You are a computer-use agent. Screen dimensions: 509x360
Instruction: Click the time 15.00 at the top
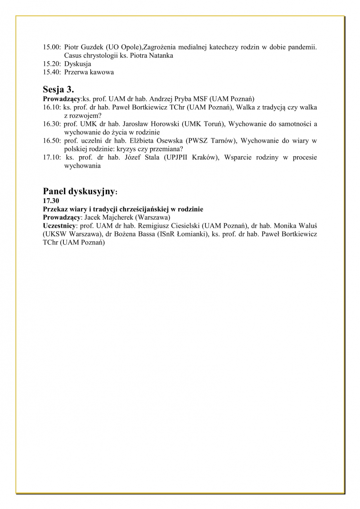point(51,47)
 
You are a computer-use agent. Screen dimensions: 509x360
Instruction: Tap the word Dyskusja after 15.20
point(77,64)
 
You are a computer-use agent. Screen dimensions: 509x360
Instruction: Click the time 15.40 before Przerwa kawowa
point(51,72)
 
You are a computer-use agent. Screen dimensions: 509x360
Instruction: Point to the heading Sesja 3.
point(58,89)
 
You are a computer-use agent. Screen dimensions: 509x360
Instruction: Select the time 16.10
point(51,107)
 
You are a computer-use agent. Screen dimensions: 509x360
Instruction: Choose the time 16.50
point(51,141)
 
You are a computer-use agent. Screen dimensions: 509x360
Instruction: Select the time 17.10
point(51,157)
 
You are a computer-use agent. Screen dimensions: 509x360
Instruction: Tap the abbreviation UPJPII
point(176,157)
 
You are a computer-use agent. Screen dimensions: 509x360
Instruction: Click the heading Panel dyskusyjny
point(79,191)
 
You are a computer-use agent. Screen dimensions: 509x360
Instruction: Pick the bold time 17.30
point(51,201)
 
